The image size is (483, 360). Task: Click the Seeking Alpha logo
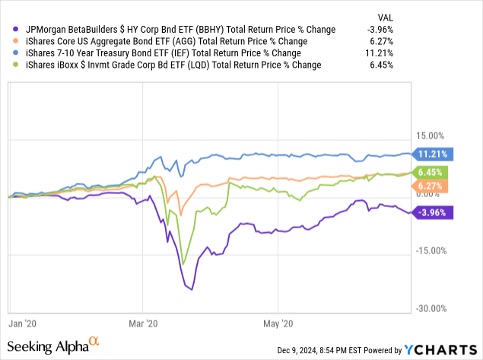pyautogui.click(x=52, y=346)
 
